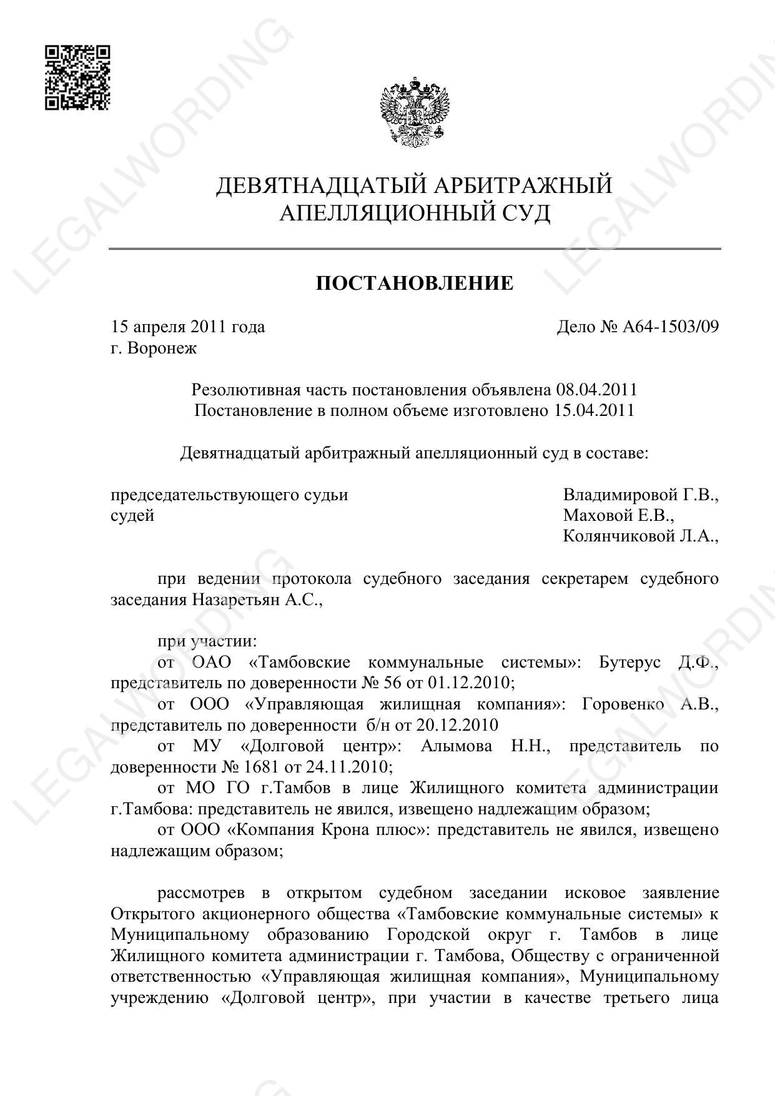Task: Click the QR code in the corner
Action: (x=77, y=77)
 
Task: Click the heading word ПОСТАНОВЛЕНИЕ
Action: (x=414, y=284)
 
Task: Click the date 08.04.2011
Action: (x=596, y=390)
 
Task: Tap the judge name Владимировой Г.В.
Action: (x=640, y=495)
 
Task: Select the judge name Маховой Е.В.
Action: (x=618, y=516)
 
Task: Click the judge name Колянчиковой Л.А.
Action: (x=640, y=536)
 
